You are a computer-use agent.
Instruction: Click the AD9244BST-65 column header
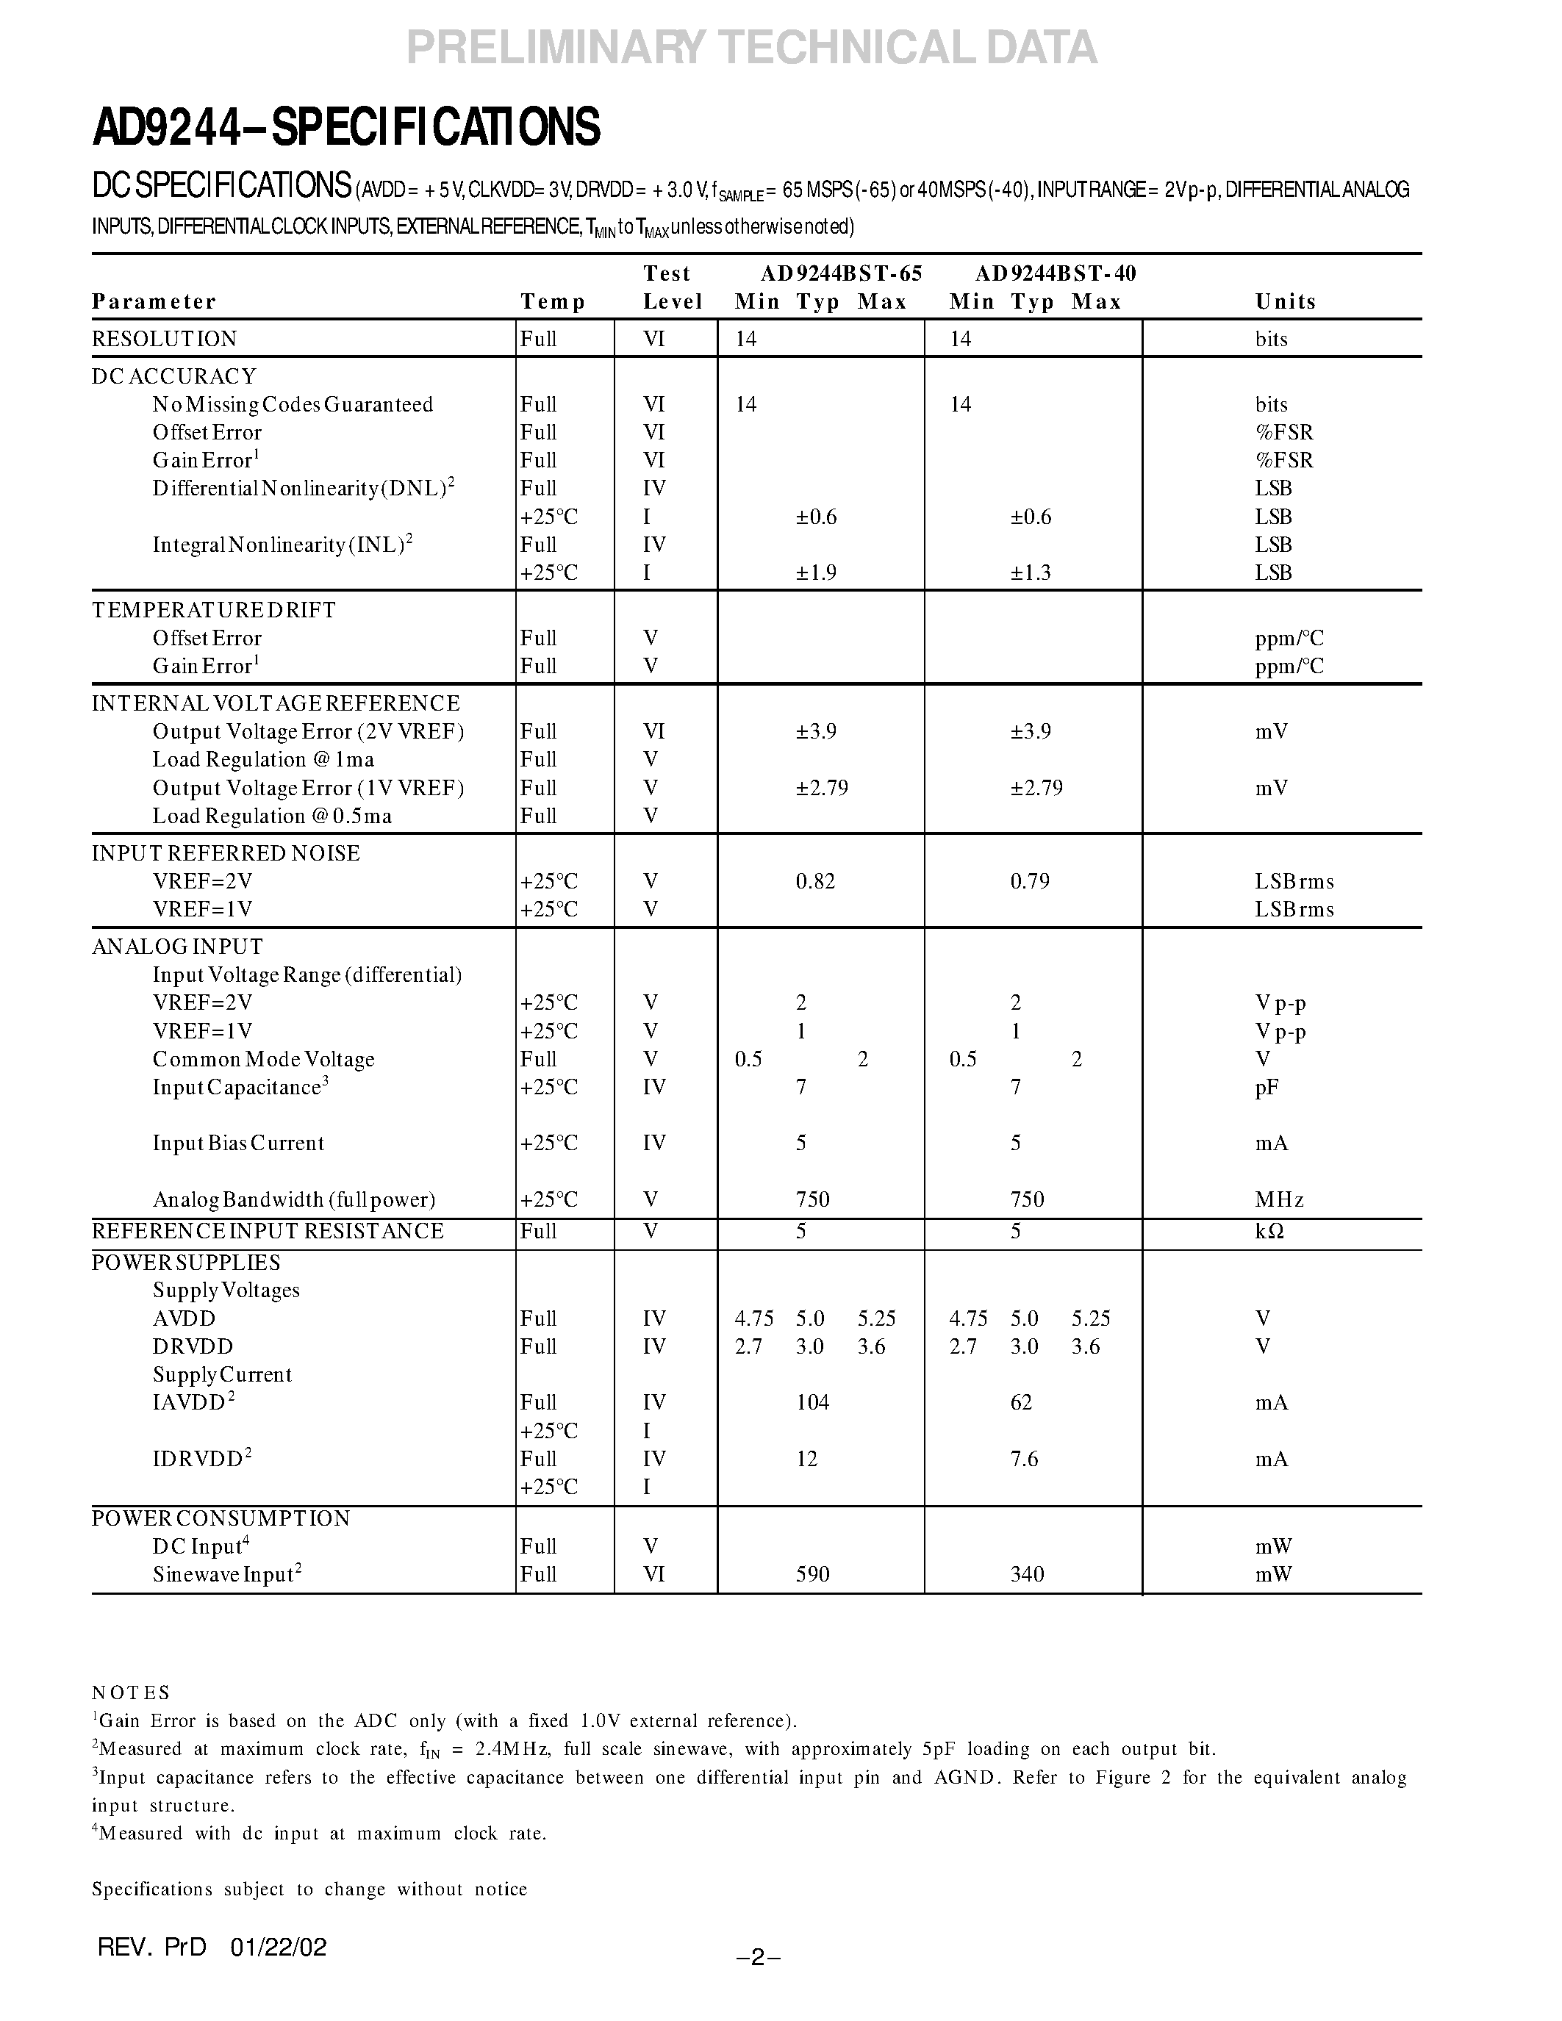tap(841, 273)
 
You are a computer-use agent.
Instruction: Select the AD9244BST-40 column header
tap(1055, 273)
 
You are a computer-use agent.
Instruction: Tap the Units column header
tap(1286, 301)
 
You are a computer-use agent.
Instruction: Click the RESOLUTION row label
tap(165, 339)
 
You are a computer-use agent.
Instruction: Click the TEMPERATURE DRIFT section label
tap(214, 610)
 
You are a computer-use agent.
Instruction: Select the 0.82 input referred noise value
tap(815, 881)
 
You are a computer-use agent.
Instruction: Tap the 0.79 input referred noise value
tap(1030, 881)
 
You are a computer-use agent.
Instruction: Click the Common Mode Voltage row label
tap(264, 1058)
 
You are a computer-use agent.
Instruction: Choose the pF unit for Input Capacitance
tap(1267, 1088)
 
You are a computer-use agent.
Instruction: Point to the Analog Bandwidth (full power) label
tap(293, 1199)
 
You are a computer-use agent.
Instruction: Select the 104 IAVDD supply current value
tap(812, 1402)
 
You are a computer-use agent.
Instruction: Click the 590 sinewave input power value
tap(812, 1574)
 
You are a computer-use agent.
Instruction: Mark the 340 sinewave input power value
tap(1027, 1574)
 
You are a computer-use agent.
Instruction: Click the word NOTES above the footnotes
tap(131, 1692)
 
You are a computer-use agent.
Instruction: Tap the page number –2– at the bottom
tap(758, 1956)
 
